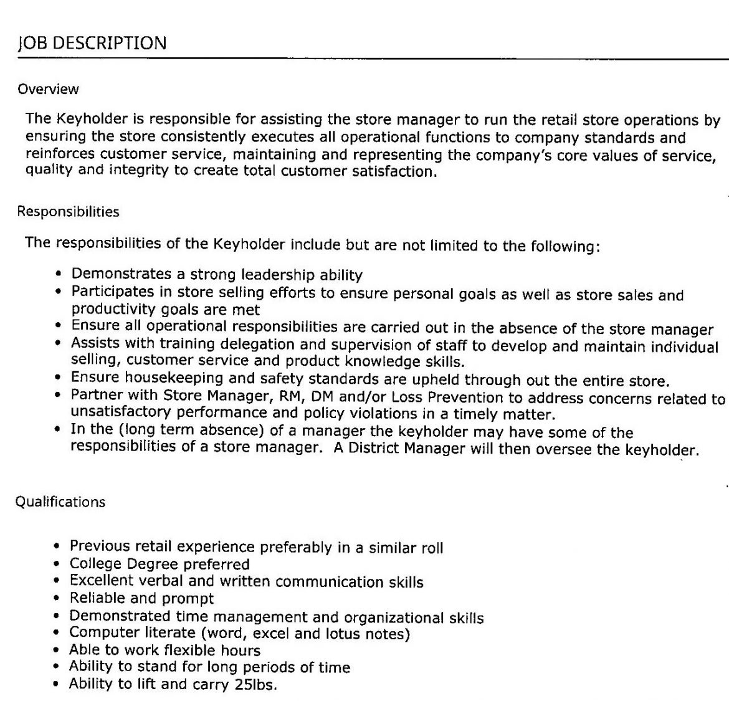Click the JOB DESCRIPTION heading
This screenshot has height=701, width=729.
pyautogui.click(x=92, y=43)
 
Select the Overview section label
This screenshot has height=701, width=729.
pyautogui.click(x=49, y=89)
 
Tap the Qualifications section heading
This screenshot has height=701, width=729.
pyautogui.click(x=60, y=502)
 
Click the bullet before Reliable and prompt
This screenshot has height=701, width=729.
pyautogui.click(x=57, y=599)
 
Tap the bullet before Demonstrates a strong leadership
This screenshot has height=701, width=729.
pyautogui.click(x=59, y=274)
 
